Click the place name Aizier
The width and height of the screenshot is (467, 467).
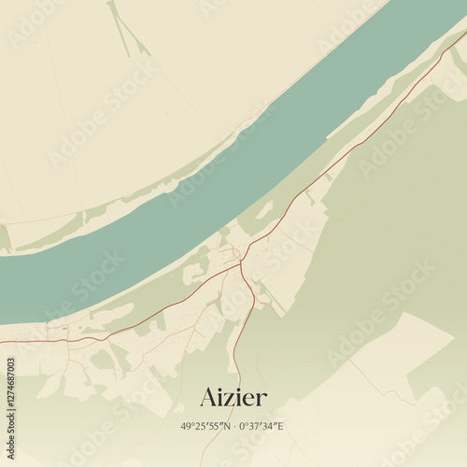[x=233, y=397]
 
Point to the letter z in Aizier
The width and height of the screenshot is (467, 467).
[x=231, y=399]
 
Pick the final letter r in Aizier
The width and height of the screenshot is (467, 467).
[x=262, y=399]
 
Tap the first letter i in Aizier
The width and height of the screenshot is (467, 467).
[x=221, y=397]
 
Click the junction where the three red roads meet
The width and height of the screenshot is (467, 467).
[x=241, y=262]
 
